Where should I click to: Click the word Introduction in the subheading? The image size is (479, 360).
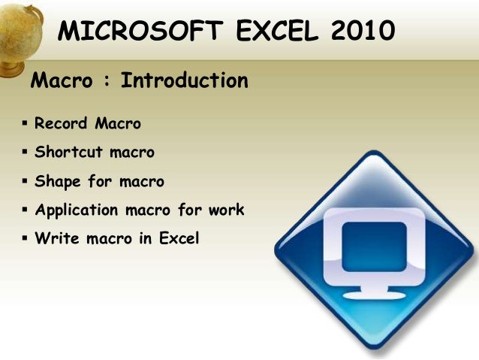[184, 80]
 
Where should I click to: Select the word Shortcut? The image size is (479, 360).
[69, 152]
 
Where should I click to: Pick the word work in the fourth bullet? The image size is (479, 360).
[226, 210]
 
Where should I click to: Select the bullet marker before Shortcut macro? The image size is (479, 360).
[25, 152]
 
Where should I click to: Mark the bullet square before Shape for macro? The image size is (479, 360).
[25, 181]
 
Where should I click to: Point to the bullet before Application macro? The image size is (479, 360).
[25, 210]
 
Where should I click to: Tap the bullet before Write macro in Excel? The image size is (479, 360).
[25, 239]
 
